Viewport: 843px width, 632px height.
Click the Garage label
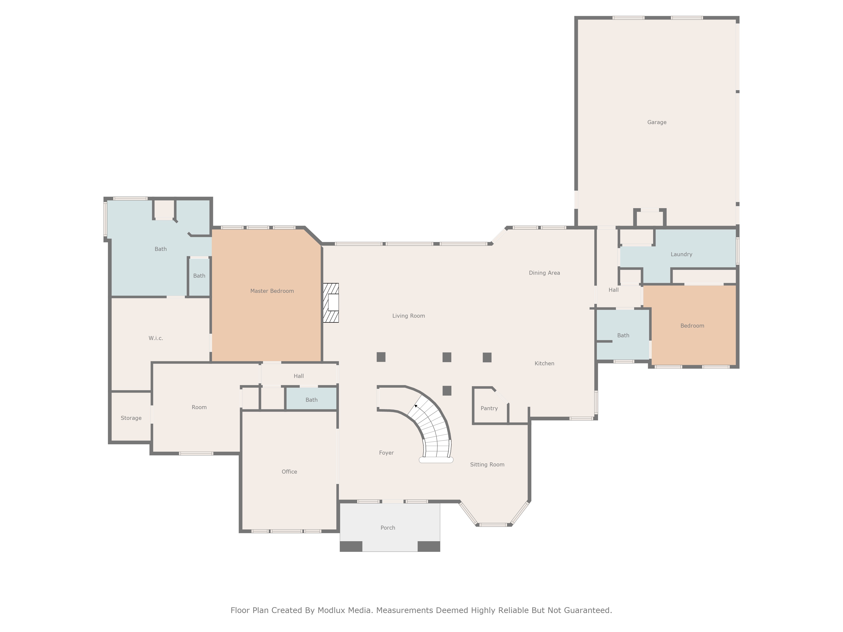click(657, 122)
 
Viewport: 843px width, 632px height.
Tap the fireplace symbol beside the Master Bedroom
click(331, 303)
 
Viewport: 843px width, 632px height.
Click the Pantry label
click(489, 408)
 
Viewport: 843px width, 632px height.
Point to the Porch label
click(388, 528)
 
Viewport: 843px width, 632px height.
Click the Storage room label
click(131, 418)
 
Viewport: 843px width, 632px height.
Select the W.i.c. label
click(156, 338)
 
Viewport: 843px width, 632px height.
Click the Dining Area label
click(544, 273)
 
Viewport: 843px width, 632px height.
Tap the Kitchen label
click(544, 363)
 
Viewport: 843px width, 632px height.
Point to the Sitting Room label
click(487, 464)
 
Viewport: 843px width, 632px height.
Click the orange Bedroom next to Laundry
click(692, 326)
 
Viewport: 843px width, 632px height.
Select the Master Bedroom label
click(272, 291)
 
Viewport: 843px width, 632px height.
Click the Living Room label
click(408, 316)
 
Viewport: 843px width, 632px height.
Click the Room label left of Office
click(199, 407)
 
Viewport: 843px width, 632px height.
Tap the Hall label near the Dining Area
click(613, 290)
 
